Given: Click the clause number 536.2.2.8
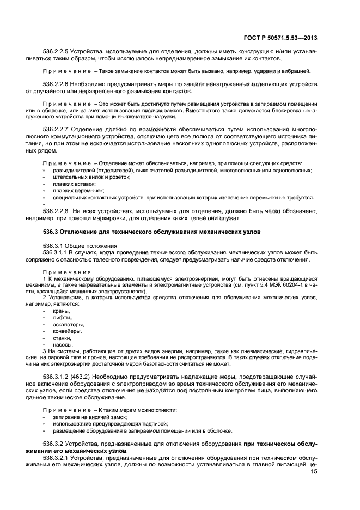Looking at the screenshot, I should click(58, 210).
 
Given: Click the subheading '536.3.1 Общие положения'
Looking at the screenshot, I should click(76, 246).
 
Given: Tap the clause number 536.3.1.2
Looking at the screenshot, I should click(58, 377).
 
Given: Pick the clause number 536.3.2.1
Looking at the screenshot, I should click(58, 457).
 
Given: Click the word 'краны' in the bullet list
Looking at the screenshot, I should click(61, 311).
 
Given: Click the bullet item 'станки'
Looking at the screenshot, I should click(62, 338).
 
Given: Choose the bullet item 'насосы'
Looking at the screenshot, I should click(63, 344).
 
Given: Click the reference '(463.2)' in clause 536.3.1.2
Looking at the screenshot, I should click(87, 377).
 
